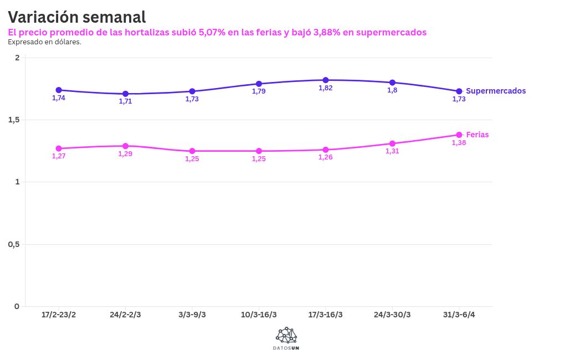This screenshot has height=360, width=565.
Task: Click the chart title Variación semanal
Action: tap(77, 17)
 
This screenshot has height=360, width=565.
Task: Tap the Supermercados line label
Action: tap(496, 91)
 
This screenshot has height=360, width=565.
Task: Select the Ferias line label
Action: tap(477, 135)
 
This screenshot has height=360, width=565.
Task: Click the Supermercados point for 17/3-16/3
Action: tap(326, 80)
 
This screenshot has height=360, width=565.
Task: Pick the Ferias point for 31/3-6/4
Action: tap(459, 135)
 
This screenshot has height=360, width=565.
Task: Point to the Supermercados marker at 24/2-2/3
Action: tap(126, 94)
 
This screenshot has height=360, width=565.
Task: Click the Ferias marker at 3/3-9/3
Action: tap(192, 151)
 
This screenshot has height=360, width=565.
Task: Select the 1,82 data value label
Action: tap(325, 88)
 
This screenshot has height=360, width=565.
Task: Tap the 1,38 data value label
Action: tap(459, 143)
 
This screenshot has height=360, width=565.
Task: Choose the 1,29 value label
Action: tap(125, 153)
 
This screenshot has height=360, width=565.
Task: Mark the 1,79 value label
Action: tap(259, 91)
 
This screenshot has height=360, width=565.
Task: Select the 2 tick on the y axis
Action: tap(17, 58)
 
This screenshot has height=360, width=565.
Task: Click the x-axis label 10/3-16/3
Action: tap(259, 315)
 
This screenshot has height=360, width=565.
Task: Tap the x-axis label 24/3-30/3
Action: tap(392, 315)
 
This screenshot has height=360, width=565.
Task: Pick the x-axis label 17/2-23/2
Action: tap(59, 315)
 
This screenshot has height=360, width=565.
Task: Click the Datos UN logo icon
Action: tap(286, 335)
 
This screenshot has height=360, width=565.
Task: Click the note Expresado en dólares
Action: tap(44, 42)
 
